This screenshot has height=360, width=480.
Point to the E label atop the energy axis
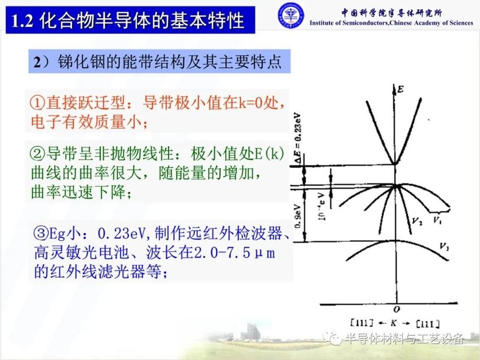pyautogui.click(x=400, y=90)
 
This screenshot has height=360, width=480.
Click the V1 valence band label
pyautogui.click(x=439, y=221)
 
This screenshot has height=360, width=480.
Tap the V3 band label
pyautogui.click(x=445, y=247)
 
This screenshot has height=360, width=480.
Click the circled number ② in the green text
pyautogui.click(x=37, y=152)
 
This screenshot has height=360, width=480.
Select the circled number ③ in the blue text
pyautogui.click(x=43, y=233)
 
